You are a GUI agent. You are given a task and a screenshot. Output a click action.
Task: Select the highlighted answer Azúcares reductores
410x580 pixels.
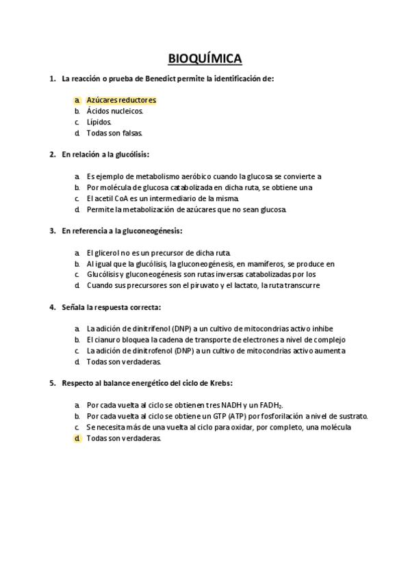pyautogui.click(x=121, y=100)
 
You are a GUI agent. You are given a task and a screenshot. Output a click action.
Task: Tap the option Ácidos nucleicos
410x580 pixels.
pyautogui.click(x=114, y=111)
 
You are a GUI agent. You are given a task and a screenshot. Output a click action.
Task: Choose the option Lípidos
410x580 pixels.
pyautogui.click(x=99, y=122)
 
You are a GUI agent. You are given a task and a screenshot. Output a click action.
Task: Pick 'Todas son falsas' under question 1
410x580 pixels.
pyautogui.click(x=114, y=133)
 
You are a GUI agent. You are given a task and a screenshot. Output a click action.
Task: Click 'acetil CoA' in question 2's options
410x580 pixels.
pyautogui.click(x=110, y=198)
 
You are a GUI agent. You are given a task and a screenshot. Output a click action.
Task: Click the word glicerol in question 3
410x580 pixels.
pyautogui.click(x=105, y=252)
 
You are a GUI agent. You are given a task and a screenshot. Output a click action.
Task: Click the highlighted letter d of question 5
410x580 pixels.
pyautogui.click(x=77, y=438)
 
